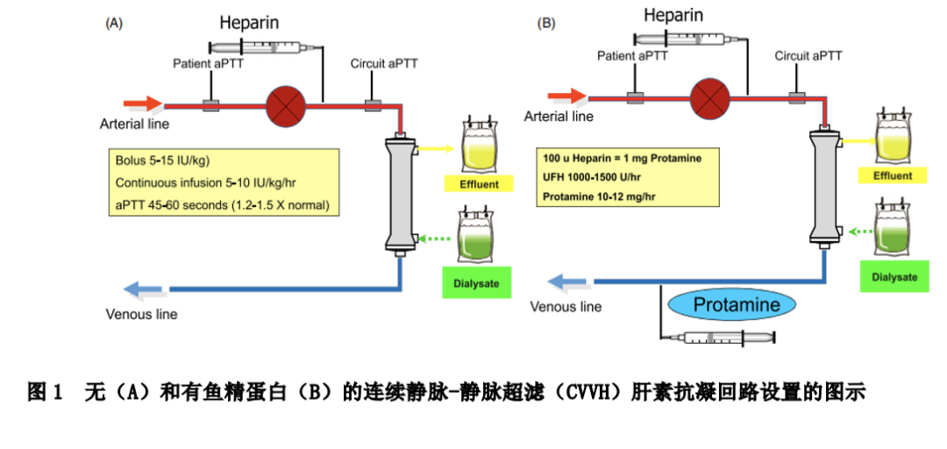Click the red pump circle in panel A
pyautogui.click(x=285, y=105)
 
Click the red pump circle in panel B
pyautogui.click(x=709, y=96)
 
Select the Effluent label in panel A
pyautogui.click(x=479, y=184)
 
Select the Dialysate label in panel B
pyautogui.click(x=894, y=277)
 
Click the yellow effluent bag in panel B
pyautogui.click(x=894, y=139)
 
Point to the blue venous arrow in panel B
pyautogui.click(x=569, y=282)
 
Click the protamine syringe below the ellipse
pyautogui.click(x=718, y=337)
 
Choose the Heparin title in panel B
pyautogui.click(x=673, y=15)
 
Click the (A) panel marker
pyautogui.click(x=114, y=24)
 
